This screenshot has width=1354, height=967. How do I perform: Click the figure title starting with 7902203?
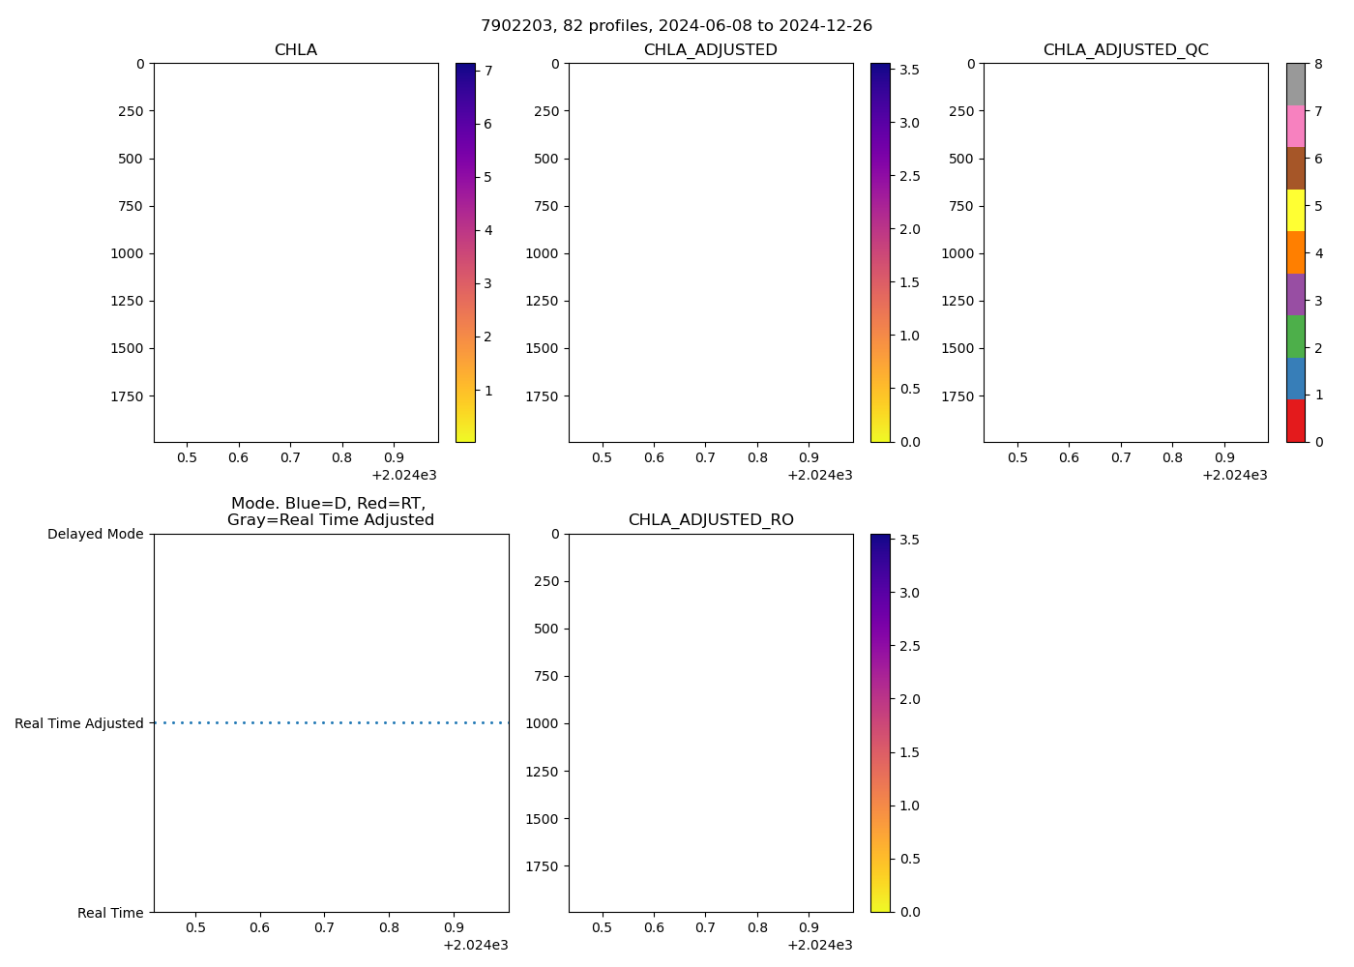pos(676,26)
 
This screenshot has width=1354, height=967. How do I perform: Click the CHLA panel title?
pos(295,50)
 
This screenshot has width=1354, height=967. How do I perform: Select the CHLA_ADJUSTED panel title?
pos(710,50)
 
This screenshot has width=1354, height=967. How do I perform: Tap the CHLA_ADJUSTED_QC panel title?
pos(1125,50)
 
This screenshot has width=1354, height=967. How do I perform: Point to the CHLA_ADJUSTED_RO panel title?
pos(710,520)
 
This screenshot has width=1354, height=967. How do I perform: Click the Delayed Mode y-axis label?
pos(95,534)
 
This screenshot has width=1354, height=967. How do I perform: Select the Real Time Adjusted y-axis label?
pos(79,723)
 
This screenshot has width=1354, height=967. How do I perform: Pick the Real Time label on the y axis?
pos(110,913)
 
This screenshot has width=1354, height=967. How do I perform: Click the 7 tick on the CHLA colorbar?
pos(488,71)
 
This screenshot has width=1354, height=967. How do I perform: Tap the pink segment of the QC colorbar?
pos(1295,126)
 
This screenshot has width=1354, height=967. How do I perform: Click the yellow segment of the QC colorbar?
pos(1295,210)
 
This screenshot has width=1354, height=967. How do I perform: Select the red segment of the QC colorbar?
pos(1295,421)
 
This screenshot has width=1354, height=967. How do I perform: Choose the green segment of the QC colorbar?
pos(1295,337)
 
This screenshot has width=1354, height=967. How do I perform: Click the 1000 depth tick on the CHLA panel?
pos(126,253)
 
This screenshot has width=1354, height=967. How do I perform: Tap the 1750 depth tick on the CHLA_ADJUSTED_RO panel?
pos(542,866)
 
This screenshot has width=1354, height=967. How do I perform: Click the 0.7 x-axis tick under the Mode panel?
pos(324,928)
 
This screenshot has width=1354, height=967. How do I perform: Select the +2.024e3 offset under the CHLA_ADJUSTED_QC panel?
pos(1234,475)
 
